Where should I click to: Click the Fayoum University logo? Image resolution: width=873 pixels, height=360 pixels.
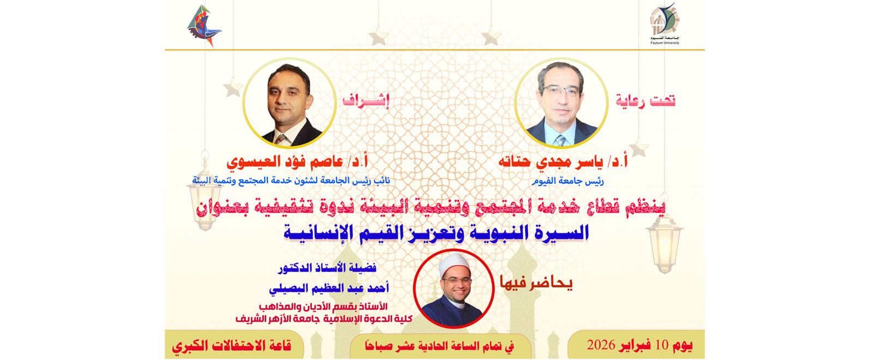(665, 23)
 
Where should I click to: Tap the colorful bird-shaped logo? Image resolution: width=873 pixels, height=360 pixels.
(204, 26)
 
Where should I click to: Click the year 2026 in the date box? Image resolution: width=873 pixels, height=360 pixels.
(601, 345)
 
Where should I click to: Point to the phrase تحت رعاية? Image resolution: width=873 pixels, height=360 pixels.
(645, 101)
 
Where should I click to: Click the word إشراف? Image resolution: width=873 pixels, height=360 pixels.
(366, 101)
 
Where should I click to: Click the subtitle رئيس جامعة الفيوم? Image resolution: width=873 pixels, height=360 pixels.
(568, 181)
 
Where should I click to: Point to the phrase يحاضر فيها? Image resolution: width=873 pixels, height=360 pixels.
(536, 284)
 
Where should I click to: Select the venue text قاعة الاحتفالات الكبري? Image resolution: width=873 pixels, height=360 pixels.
(231, 346)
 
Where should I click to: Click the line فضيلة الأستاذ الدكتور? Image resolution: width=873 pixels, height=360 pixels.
(327, 268)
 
